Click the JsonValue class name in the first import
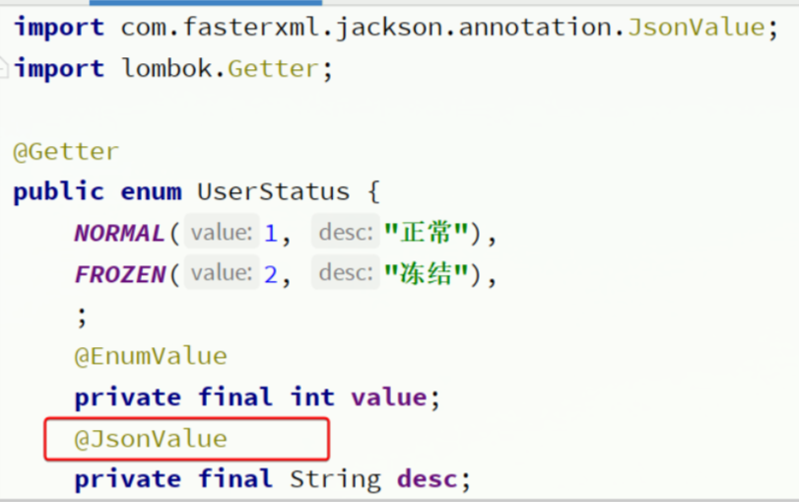(x=691, y=27)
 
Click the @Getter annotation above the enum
(x=66, y=152)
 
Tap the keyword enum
(x=151, y=191)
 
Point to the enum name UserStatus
(x=273, y=191)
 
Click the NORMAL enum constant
(x=119, y=234)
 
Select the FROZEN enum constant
(x=119, y=275)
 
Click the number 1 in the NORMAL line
(x=271, y=234)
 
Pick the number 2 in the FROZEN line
(x=271, y=275)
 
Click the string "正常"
(x=426, y=234)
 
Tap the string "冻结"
(x=426, y=275)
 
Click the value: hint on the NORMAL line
(x=222, y=234)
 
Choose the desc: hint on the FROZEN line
(x=346, y=275)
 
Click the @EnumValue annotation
(x=151, y=356)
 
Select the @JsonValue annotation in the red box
(x=151, y=439)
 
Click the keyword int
(x=312, y=397)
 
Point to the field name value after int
(x=388, y=397)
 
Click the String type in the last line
(x=335, y=480)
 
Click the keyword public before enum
(x=58, y=191)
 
